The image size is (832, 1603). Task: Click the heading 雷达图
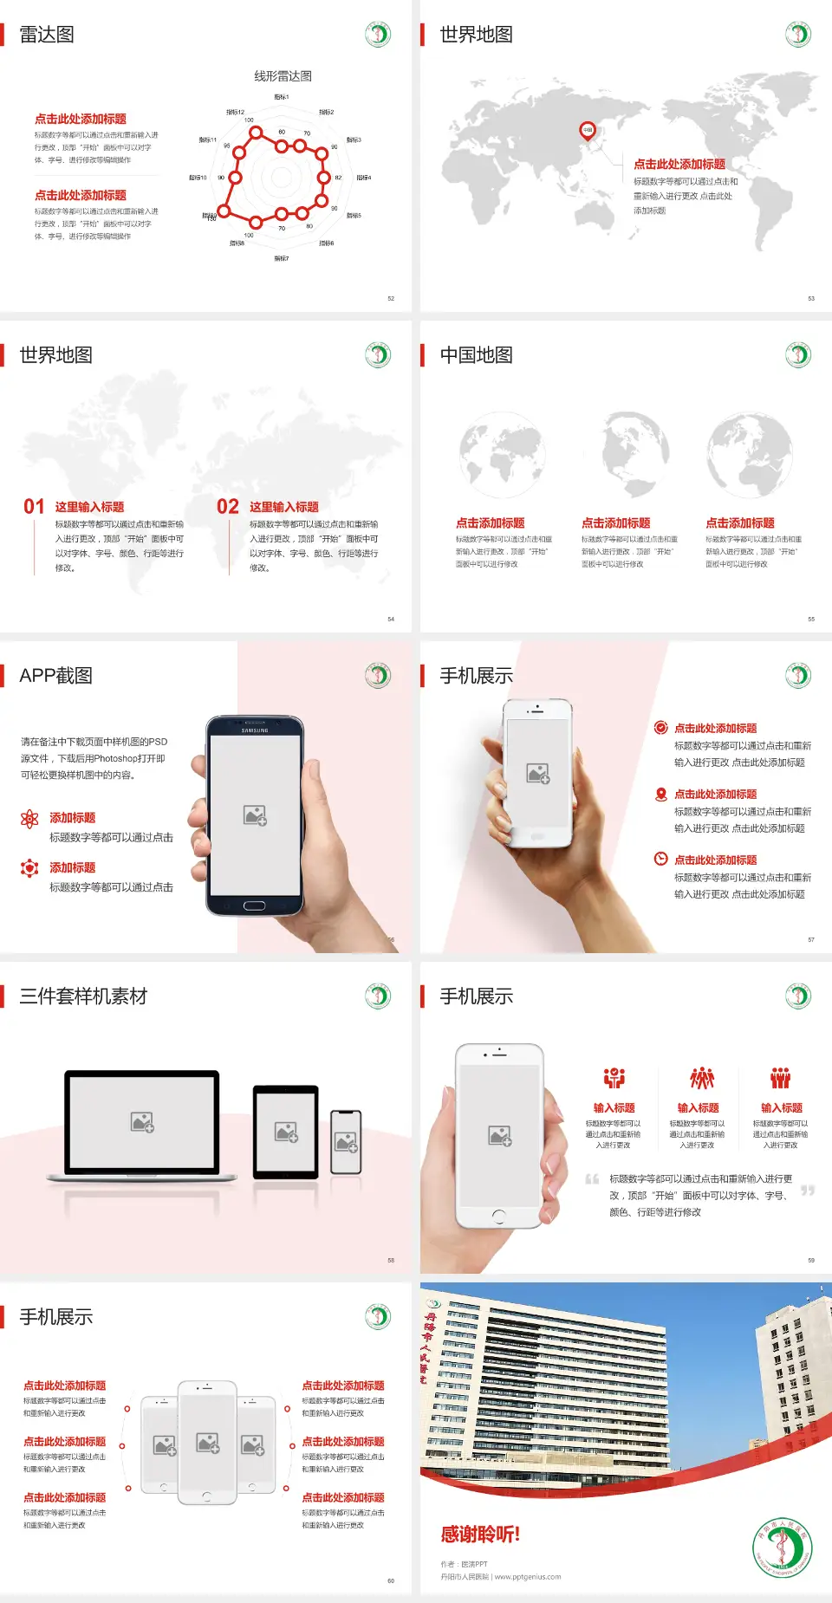47,35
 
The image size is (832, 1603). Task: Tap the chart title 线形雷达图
283,76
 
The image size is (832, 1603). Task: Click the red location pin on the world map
588,130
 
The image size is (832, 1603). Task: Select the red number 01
34,507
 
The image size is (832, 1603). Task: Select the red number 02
228,507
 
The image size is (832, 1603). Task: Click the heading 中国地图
476,355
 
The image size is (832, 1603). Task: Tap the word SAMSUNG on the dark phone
255,730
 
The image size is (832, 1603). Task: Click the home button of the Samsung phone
254,905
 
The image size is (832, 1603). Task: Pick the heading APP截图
55,676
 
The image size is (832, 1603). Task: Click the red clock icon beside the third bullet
660,859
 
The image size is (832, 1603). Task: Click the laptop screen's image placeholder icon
142,1122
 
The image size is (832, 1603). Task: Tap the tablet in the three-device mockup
286,1131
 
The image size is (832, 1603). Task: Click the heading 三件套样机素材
83,996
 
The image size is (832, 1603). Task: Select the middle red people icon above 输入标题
701,1078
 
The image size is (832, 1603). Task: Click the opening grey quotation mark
592,1179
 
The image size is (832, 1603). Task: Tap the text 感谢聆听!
480,1535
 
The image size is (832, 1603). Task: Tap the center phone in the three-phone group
207,1443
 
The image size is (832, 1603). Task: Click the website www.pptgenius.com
528,1577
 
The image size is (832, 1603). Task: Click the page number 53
811,299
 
